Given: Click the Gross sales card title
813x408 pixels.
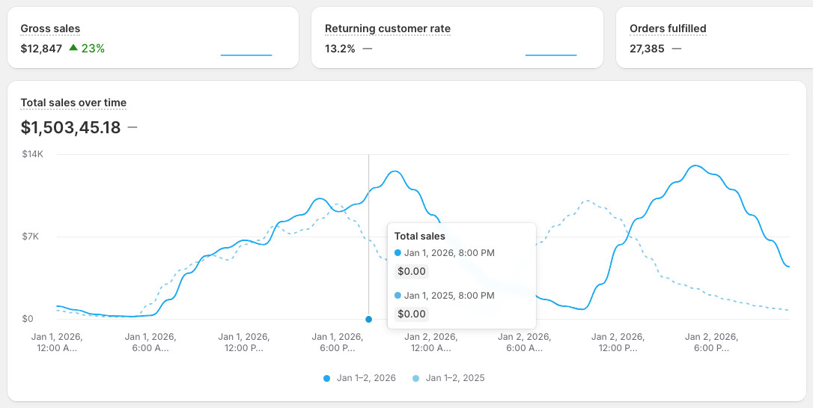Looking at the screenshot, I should point(50,28).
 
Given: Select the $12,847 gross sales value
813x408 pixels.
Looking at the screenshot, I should point(41,49).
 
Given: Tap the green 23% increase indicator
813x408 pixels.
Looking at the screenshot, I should point(87,49).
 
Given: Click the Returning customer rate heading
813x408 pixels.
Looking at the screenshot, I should point(387,28).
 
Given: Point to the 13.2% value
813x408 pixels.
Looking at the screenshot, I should point(340,49).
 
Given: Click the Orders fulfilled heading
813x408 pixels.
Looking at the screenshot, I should point(668,28).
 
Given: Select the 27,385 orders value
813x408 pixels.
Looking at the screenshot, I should point(647,49).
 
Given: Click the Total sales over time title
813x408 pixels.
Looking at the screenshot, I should point(73,103).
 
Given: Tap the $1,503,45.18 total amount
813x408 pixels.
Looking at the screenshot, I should point(70,127).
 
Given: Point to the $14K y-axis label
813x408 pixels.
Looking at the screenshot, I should point(32,154).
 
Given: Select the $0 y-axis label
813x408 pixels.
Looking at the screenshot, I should point(28,319).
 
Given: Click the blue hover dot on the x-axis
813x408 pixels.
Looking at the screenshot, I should point(368,320).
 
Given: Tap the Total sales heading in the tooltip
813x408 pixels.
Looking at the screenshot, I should point(419,236).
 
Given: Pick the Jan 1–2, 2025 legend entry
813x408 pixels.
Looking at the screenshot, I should point(449,378).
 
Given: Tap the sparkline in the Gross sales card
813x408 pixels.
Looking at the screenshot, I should point(246,55).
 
